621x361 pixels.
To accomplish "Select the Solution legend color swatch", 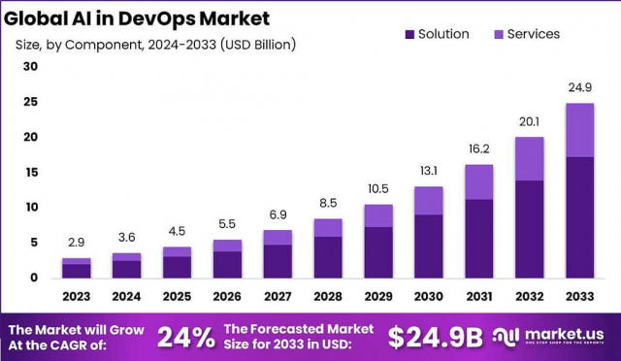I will coord(410,34).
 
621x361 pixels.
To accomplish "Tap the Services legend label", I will coord(534,34).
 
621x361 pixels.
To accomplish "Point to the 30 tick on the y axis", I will coord(30,67).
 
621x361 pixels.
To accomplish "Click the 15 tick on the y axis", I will coord(30,173).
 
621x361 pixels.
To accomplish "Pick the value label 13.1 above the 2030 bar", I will coord(429,172).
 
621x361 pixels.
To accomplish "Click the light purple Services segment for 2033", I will coord(579,130).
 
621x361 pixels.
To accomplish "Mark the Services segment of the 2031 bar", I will coord(478,181).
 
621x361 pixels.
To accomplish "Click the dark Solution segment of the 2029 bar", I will coord(378,252).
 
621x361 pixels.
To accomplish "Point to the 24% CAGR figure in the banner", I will coord(185,337).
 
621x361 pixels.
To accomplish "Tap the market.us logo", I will coord(552,336).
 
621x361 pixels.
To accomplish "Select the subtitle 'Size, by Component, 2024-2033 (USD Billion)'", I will coord(156,45).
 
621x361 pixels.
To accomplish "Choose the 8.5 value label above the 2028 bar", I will coord(328,204).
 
